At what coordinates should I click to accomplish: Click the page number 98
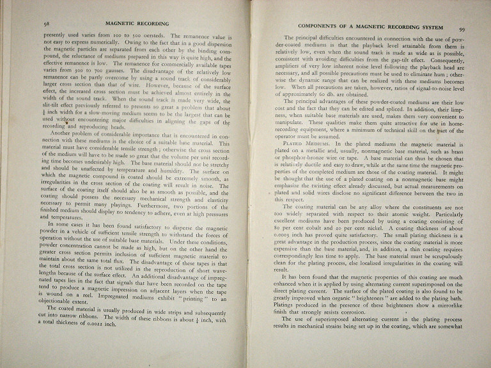point(29,22)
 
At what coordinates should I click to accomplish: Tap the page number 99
point(462,29)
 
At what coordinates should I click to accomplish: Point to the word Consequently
point(443,64)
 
